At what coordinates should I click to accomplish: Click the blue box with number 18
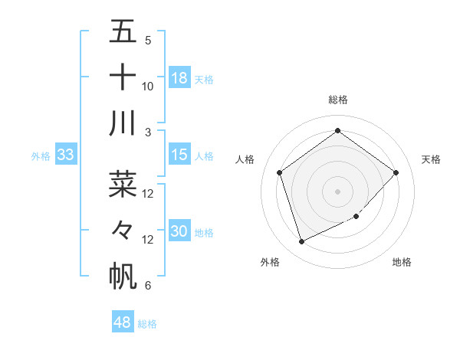tap(179, 78)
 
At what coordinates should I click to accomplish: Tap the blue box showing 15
tap(179, 155)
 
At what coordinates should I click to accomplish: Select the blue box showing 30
tap(179, 231)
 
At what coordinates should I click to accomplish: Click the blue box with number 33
tap(65, 155)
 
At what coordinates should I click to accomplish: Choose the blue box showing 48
tap(123, 322)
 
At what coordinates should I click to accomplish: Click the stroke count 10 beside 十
tap(148, 87)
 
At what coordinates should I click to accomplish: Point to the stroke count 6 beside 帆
tap(148, 286)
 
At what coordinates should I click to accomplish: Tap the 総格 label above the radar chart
tap(338, 100)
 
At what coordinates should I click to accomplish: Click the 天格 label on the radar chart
tap(431, 159)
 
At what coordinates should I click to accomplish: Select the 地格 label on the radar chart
tap(402, 262)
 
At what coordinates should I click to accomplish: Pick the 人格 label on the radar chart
tap(245, 159)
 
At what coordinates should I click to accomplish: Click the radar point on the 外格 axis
tap(301, 242)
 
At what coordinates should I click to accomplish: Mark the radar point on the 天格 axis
tap(396, 172)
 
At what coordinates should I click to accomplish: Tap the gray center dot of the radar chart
tap(338, 191)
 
